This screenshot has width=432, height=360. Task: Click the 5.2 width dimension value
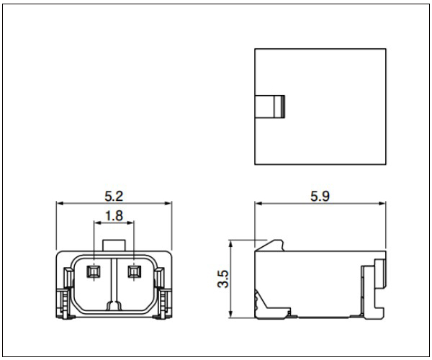pos(114,196)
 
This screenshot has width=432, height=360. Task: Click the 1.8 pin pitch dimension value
pos(114,216)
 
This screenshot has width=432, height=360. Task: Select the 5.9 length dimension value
pos(320,196)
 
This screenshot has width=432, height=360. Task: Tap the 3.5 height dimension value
pos(223,279)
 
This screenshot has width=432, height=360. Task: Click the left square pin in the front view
pos(94,271)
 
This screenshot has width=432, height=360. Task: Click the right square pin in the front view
pos(135,271)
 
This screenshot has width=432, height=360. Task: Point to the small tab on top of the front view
pos(114,245)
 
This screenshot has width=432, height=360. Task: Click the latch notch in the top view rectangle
pos(270,107)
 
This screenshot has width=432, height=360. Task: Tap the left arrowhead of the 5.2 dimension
pos(60,204)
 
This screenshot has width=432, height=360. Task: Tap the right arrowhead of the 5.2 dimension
pos(168,204)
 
